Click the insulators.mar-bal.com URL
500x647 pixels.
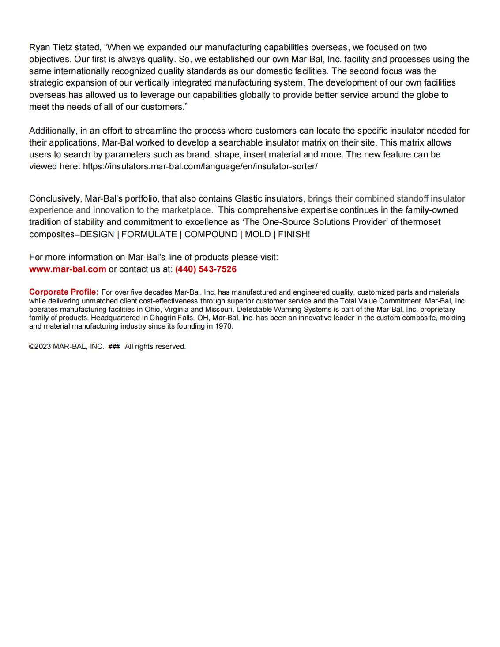(200, 166)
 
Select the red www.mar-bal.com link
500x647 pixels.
(68, 269)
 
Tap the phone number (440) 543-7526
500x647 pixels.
(206, 269)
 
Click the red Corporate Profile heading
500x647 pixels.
(64, 292)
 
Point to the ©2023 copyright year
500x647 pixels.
(40, 347)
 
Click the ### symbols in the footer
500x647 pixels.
(114, 347)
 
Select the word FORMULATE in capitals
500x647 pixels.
(149, 234)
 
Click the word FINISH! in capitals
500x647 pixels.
(294, 234)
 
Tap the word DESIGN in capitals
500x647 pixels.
(97, 234)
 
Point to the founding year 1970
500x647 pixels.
(224, 326)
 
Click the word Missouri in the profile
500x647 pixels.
(219, 309)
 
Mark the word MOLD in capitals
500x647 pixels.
(258, 234)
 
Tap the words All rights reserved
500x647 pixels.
(155, 347)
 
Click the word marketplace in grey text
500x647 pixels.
(186, 210)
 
